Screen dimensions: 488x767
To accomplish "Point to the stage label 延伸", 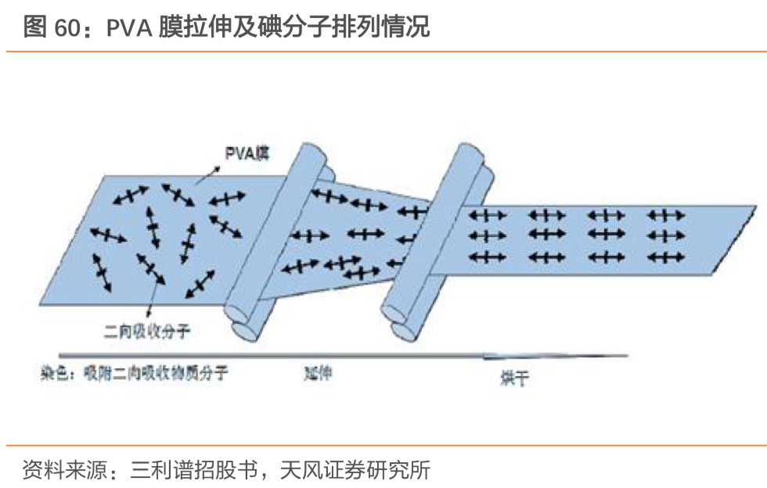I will [x=319, y=373].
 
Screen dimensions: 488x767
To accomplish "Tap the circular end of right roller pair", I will [x=401, y=331].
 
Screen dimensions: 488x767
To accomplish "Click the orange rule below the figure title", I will [x=383, y=52].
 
